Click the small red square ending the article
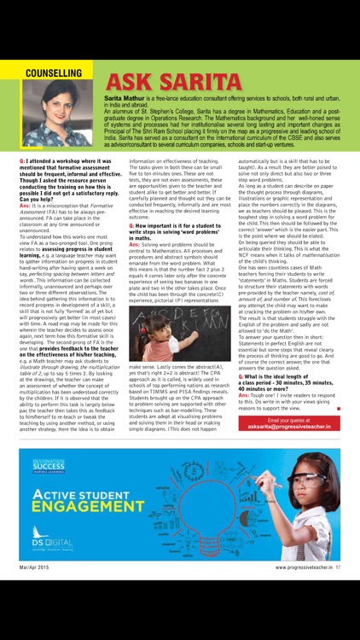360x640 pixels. tap(338, 408)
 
